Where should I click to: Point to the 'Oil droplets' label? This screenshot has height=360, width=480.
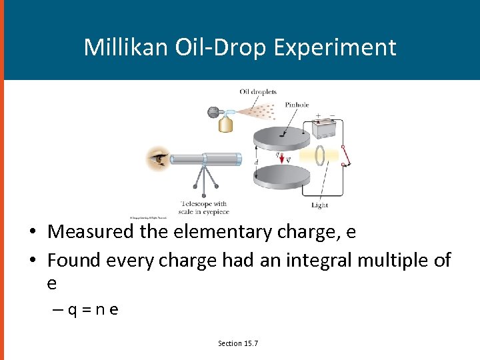[258, 92]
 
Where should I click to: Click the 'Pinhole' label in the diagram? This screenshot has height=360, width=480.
[297, 105]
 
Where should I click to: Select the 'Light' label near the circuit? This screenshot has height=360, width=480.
[319, 205]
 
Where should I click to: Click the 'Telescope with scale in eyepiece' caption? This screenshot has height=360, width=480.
[203, 207]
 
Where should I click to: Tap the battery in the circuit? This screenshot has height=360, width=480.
[325, 127]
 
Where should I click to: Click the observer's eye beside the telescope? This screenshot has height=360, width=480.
[159, 159]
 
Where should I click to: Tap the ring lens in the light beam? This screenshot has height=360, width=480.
[321, 155]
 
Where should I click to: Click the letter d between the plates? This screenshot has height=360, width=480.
[257, 162]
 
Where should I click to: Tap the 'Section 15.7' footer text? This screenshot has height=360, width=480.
[238, 343]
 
